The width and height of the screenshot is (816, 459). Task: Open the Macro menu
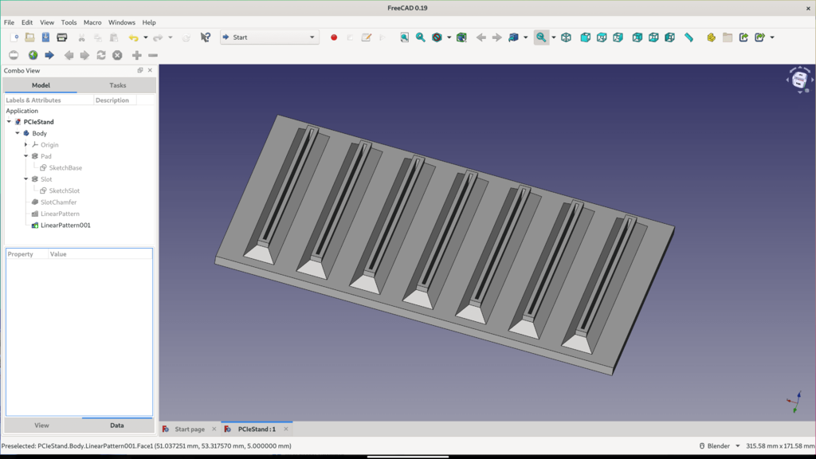click(x=92, y=22)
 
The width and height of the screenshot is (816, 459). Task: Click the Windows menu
click(x=122, y=22)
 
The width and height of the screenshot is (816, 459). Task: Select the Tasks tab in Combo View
click(x=117, y=85)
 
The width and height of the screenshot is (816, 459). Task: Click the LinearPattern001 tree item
click(x=65, y=226)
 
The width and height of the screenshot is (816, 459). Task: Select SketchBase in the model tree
click(x=65, y=168)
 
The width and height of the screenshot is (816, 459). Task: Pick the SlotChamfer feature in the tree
click(x=58, y=202)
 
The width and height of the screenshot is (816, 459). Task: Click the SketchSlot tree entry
click(x=64, y=191)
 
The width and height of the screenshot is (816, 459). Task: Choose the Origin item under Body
click(x=49, y=145)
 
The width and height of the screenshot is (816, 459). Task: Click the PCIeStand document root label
click(x=39, y=122)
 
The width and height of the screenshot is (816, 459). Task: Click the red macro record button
click(x=334, y=37)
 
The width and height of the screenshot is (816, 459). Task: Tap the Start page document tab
click(x=189, y=430)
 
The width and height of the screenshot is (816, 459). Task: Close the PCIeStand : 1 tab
click(x=286, y=430)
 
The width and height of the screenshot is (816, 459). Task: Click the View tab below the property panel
click(x=41, y=426)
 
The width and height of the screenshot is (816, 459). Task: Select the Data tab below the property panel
click(x=116, y=426)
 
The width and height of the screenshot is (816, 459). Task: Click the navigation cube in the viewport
click(x=799, y=80)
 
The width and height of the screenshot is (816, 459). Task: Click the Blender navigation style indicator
click(x=720, y=446)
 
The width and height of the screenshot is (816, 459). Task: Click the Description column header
click(x=112, y=100)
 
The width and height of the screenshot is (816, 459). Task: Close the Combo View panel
click(x=150, y=71)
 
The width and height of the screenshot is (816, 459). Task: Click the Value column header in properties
click(x=58, y=254)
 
